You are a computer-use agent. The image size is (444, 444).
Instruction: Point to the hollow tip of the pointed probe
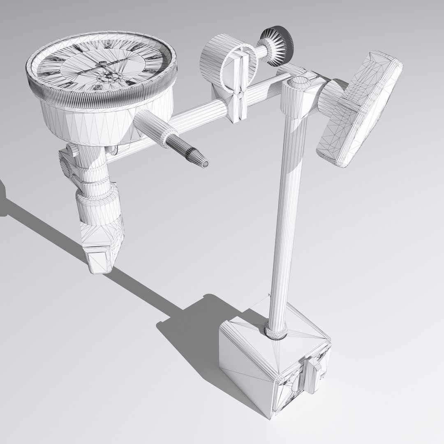click(x=204, y=164)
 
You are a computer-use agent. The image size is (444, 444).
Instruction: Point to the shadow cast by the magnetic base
click(x=185, y=333)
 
